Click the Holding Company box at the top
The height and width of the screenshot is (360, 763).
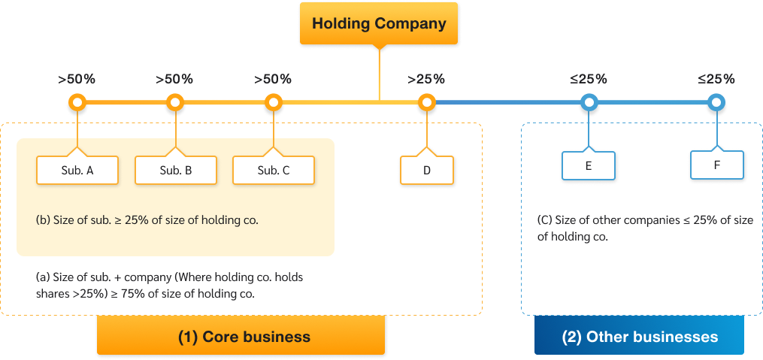[379, 23]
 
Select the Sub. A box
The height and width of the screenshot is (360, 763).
[77, 171]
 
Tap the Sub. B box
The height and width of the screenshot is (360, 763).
[176, 171]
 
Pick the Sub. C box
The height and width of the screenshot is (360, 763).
[274, 171]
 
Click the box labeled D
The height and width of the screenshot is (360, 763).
[427, 171]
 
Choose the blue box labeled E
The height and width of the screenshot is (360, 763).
[589, 166]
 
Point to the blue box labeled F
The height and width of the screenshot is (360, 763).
[717, 165]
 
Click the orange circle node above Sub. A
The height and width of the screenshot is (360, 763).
[77, 102]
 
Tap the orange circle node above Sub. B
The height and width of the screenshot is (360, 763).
[175, 102]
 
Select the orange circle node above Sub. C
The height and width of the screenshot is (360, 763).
[274, 102]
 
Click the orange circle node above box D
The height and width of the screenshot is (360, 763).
[427, 102]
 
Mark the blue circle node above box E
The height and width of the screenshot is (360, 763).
[589, 102]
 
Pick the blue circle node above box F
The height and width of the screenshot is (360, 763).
[717, 102]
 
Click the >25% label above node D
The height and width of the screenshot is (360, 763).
[426, 79]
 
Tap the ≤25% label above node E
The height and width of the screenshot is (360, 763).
[589, 79]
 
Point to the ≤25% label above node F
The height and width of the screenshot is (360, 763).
[716, 79]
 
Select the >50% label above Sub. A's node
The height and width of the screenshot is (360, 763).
[77, 79]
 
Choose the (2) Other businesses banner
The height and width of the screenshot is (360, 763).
[640, 337]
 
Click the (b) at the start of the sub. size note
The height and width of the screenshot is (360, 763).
[43, 221]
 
